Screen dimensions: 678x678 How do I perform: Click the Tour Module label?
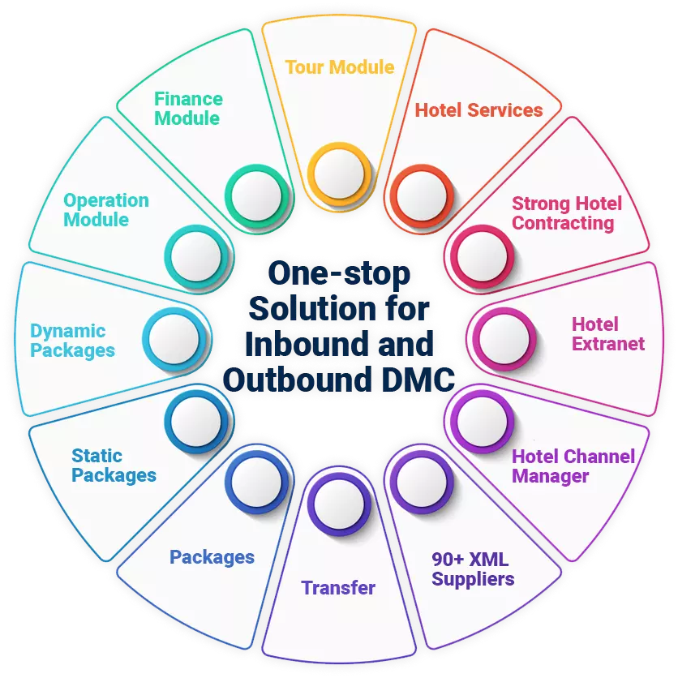(339, 67)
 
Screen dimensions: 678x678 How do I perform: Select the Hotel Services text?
(478, 110)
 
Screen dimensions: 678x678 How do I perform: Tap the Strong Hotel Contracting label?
(567, 212)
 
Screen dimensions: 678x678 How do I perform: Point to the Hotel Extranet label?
(608, 334)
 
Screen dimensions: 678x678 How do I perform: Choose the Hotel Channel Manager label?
(573, 466)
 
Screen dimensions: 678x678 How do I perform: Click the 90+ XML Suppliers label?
(473, 569)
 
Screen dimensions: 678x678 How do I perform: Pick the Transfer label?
(338, 588)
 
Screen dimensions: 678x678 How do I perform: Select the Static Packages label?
(114, 466)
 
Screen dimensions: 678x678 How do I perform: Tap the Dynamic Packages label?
(72, 341)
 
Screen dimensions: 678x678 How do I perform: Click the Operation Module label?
(106, 209)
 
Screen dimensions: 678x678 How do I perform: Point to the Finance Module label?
(188, 109)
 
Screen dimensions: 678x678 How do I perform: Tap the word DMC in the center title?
(418, 379)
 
